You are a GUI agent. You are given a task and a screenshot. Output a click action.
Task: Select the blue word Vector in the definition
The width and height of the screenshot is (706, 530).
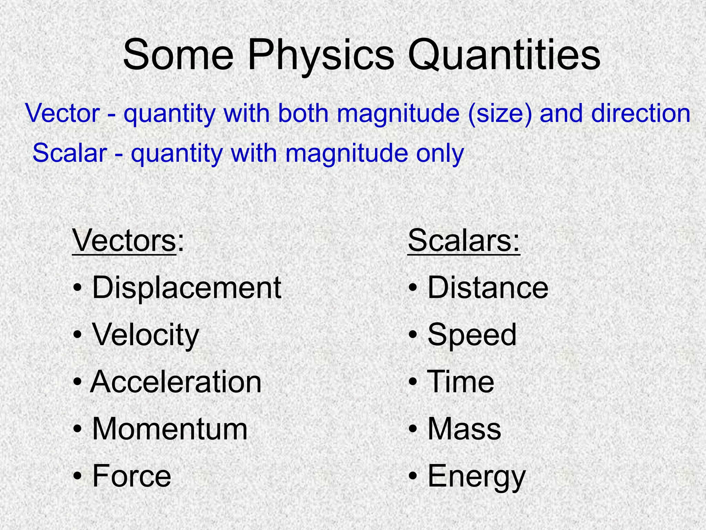click(62, 113)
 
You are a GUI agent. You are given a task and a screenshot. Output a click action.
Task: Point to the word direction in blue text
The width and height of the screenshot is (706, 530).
click(641, 113)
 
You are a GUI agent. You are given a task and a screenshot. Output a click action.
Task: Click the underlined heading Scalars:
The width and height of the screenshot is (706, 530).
click(464, 241)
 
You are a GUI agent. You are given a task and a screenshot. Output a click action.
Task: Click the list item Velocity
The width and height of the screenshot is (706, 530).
click(145, 335)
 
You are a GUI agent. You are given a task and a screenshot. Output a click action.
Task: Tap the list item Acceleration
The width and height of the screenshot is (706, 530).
click(176, 382)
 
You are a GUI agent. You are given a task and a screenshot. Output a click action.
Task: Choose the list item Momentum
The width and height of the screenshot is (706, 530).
click(170, 429)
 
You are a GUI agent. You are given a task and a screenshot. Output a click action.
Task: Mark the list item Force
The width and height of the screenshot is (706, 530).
click(132, 476)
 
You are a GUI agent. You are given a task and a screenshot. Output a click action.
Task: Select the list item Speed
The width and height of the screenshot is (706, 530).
click(472, 335)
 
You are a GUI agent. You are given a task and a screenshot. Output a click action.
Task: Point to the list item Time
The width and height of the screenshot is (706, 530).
click(461, 382)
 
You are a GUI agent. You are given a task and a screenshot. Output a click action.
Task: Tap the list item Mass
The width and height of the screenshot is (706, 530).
click(464, 429)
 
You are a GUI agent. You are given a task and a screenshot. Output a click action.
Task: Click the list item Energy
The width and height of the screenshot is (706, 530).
click(476, 477)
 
